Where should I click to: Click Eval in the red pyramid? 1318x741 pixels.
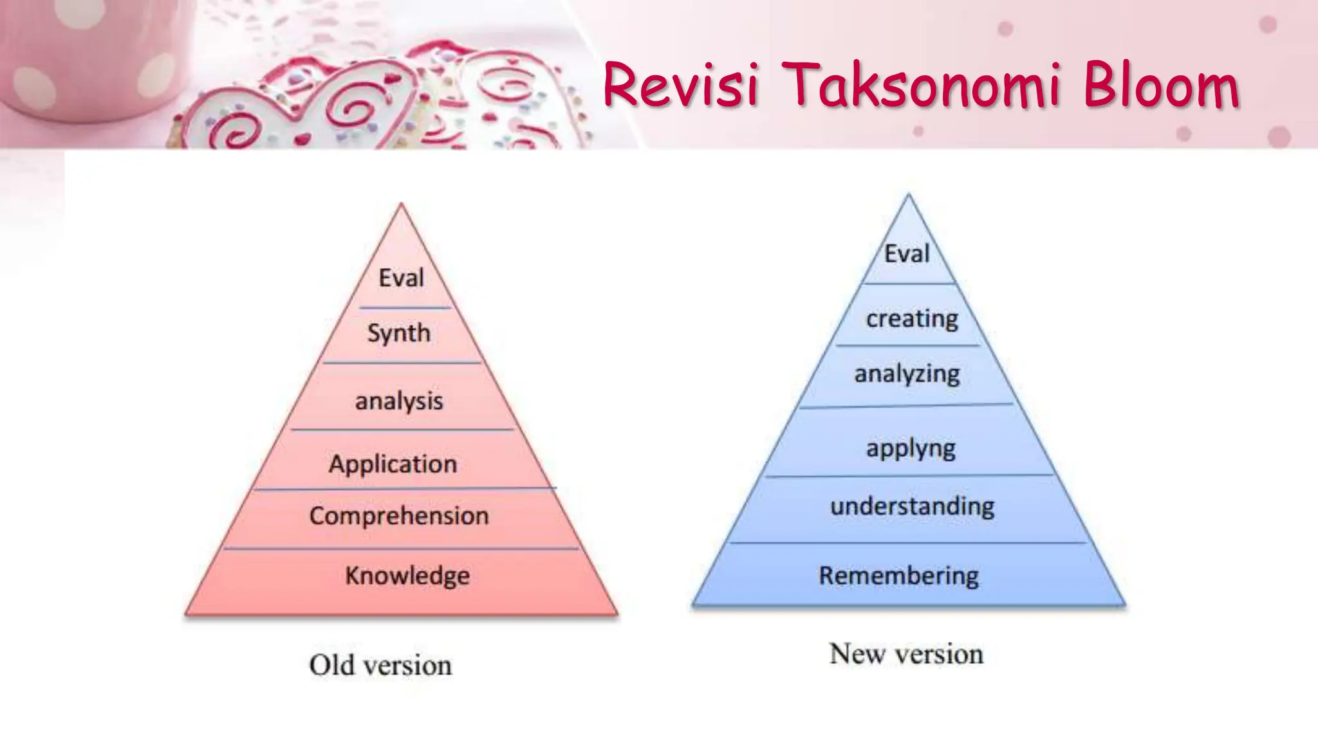click(401, 278)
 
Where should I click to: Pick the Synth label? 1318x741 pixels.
click(399, 333)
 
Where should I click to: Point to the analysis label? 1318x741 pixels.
click(399, 401)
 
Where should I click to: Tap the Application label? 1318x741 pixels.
click(393, 464)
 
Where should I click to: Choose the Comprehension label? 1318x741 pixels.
click(399, 515)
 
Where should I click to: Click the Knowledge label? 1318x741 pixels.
click(407, 575)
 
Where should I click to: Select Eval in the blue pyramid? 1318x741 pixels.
click(907, 253)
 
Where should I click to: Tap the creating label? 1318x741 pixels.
click(912, 318)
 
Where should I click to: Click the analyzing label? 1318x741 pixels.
click(907, 374)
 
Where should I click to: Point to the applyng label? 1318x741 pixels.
click(911, 448)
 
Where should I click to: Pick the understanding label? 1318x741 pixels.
click(912, 506)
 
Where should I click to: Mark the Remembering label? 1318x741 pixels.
click(898, 575)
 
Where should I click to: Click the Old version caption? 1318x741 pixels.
click(380, 665)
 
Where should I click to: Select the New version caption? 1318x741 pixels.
click(906, 654)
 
